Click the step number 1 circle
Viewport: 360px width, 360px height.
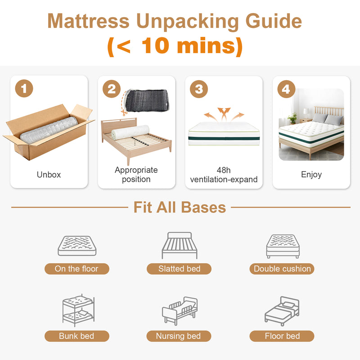click(x=24, y=88)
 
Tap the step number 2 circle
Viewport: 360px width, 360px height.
click(x=112, y=89)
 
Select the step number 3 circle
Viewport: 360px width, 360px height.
click(x=199, y=89)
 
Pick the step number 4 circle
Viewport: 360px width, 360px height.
click(x=286, y=89)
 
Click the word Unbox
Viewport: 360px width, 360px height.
click(x=49, y=175)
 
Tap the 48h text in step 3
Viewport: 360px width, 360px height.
click(x=224, y=171)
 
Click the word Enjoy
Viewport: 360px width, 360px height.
click(x=311, y=174)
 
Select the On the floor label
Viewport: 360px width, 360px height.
click(x=76, y=269)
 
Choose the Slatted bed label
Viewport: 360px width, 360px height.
click(x=179, y=269)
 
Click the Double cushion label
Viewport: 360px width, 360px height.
click(x=282, y=269)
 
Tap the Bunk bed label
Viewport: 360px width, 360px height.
click(x=76, y=336)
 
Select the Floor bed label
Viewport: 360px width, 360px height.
click(x=282, y=336)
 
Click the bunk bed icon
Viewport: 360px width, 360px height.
click(x=77, y=310)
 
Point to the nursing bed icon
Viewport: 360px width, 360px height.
click(x=180, y=310)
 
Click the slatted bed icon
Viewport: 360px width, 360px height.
click(x=179, y=245)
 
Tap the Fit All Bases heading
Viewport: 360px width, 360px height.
click(x=180, y=207)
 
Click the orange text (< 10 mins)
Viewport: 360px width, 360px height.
click(x=175, y=46)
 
